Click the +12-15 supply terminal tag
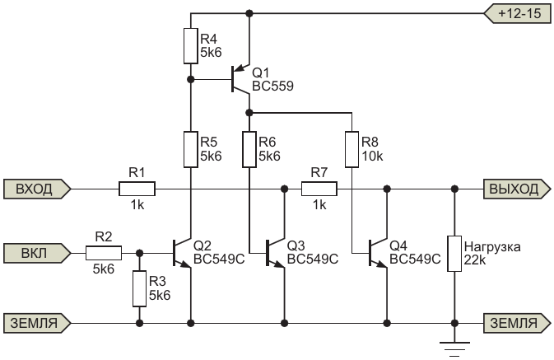point(517,13)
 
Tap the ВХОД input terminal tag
point(37,189)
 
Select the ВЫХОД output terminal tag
point(517,189)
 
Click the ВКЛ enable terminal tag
point(37,253)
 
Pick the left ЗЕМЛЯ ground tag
point(37,323)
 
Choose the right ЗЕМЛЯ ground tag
point(517,323)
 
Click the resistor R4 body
point(191,46)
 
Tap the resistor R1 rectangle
point(137,189)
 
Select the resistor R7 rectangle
point(319,189)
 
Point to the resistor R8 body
point(351,149)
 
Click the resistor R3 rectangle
point(140,288)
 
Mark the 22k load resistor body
point(454,254)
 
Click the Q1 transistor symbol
point(241,79)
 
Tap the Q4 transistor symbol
point(378,253)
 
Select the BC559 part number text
point(272,86)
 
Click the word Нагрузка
point(492,246)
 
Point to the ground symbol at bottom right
point(454,349)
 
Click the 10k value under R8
point(372,156)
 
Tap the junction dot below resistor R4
point(191,79)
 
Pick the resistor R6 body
point(249,149)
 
